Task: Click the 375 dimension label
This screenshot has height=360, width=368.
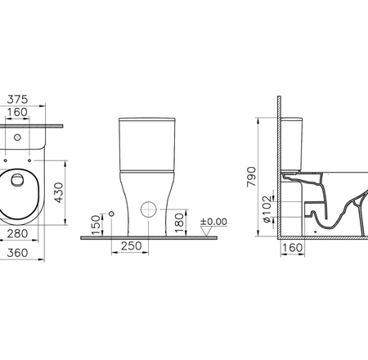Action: pos(17,100)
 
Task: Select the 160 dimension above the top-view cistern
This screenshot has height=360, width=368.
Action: pos(17,112)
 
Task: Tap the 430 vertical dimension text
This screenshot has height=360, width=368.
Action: pos(59,193)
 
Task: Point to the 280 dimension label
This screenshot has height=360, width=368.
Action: pos(17,234)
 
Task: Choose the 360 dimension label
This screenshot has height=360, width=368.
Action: pos(17,253)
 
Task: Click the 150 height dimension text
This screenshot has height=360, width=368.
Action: pos(96,225)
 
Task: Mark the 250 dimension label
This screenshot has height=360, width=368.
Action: pos(132,246)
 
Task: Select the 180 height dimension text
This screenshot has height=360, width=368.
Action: pos(179,223)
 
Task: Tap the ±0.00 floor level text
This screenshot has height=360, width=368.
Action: pos(213,222)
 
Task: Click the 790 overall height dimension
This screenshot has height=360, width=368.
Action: pos(251,177)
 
